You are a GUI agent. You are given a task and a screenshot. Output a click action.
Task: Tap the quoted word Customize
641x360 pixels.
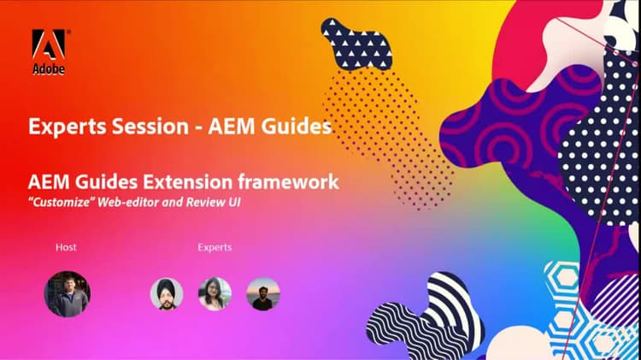(61, 201)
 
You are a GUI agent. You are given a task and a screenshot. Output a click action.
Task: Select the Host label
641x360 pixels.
(66, 247)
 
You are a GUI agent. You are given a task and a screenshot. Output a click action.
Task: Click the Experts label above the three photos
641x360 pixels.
(215, 247)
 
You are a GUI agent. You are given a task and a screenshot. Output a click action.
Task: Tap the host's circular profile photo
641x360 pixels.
(67, 294)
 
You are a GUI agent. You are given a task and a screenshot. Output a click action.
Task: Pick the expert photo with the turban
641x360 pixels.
(167, 294)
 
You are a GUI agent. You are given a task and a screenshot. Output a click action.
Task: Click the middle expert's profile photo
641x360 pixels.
(215, 294)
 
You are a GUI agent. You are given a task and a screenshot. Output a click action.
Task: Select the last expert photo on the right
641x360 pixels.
(263, 294)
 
